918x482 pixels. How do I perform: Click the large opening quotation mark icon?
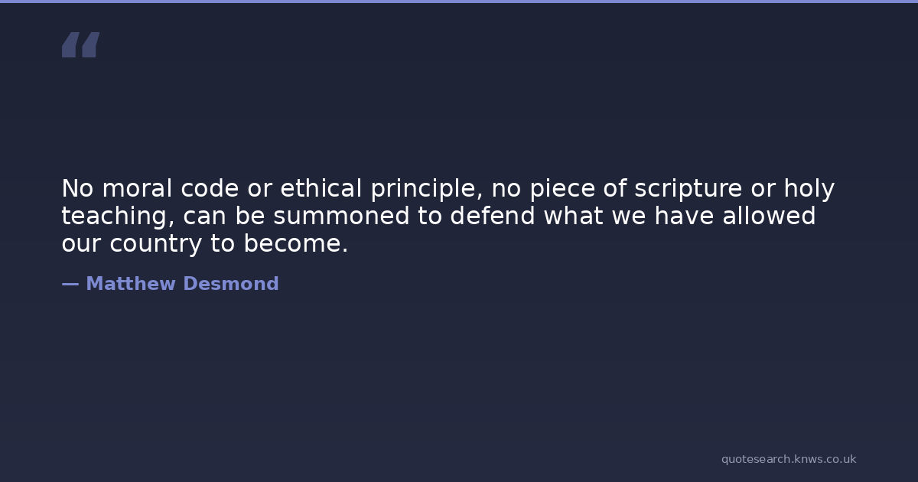81,44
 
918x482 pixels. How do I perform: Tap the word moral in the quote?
137,188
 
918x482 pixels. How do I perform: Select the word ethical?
321,188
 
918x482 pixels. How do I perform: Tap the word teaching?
118,217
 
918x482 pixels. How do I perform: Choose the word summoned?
341,216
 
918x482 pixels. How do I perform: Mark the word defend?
493,216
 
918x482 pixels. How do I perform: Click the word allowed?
769,216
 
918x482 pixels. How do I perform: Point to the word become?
296,243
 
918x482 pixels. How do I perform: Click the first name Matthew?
131,284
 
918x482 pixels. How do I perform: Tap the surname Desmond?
231,284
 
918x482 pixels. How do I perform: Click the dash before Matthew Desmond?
70,285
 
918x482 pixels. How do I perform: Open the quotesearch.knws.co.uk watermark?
789,460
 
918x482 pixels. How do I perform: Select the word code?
210,188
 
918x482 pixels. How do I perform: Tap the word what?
573,216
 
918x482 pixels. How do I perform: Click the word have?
684,216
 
